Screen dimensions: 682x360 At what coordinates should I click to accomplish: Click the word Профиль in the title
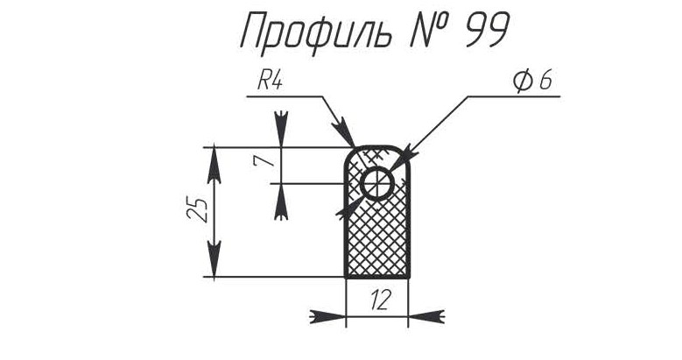pyautogui.click(x=317, y=31)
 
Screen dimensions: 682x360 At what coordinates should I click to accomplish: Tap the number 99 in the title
pyautogui.click(x=486, y=30)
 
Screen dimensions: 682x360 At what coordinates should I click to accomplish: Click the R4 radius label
pyautogui.click(x=271, y=81)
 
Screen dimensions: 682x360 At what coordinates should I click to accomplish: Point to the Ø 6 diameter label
pyautogui.click(x=533, y=81)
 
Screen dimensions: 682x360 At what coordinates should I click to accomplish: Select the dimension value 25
pyautogui.click(x=197, y=210)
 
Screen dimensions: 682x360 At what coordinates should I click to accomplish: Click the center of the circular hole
pyautogui.click(x=377, y=184)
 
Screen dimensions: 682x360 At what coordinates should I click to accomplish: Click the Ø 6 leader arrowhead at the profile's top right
pyautogui.click(x=406, y=155)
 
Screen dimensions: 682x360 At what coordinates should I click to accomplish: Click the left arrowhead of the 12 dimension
pyautogui.click(x=327, y=316)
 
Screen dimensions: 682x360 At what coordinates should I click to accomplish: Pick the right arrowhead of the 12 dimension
pyautogui.click(x=426, y=316)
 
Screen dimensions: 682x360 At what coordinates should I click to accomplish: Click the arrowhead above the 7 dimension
pyautogui.click(x=282, y=130)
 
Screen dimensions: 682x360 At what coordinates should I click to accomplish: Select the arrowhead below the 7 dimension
pyautogui.click(x=281, y=202)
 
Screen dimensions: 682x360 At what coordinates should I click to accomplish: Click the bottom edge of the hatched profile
pyautogui.click(x=377, y=277)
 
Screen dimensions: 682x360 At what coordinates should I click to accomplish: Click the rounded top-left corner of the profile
pyautogui.click(x=349, y=152)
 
